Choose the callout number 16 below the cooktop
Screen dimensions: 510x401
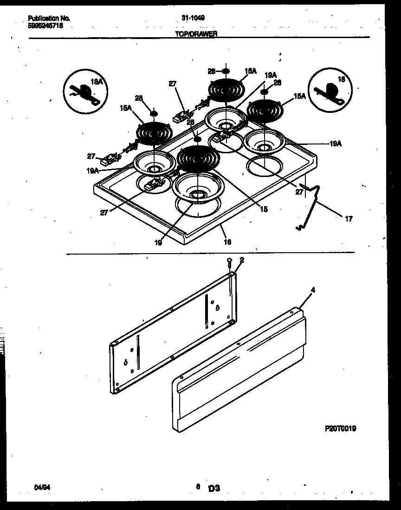(227, 242)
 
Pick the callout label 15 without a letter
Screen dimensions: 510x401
(263, 209)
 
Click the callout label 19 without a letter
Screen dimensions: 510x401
(158, 242)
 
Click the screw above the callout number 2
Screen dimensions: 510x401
(229, 262)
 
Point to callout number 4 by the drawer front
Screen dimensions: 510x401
(313, 290)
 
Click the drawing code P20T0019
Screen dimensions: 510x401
(340, 429)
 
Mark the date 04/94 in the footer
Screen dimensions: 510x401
(40, 487)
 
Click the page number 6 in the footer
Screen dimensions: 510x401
(198, 487)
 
